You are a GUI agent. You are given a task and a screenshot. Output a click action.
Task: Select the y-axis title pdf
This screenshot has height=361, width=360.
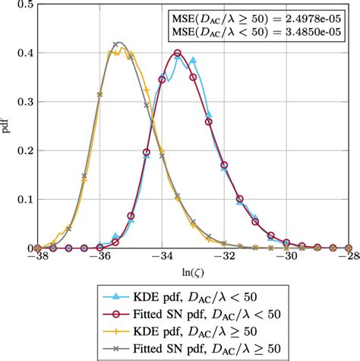tap(6, 126)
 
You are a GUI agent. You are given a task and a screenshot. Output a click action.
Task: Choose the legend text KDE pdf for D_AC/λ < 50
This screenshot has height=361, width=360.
tap(194, 297)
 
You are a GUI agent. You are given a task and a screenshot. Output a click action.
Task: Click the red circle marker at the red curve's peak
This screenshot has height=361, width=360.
tap(177, 53)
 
